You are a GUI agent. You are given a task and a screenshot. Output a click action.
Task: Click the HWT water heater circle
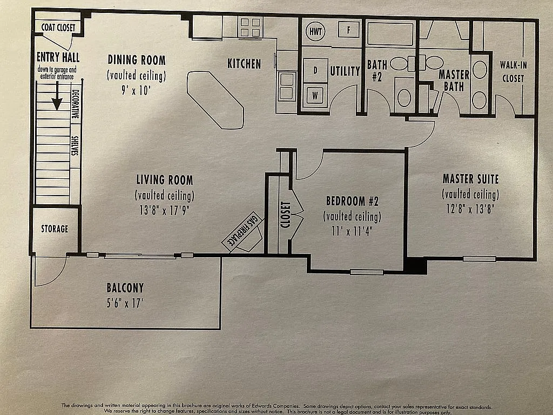click(315, 31)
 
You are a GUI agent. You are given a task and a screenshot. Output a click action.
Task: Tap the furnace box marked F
click(349, 30)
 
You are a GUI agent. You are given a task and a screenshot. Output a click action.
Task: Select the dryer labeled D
click(315, 71)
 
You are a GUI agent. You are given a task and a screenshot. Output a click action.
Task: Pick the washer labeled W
click(315, 96)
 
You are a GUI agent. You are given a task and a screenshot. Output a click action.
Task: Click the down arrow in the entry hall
click(57, 97)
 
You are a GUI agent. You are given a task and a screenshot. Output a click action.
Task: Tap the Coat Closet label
click(58, 28)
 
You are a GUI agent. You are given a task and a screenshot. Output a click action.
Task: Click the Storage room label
click(55, 229)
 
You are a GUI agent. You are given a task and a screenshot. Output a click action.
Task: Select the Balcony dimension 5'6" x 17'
click(125, 304)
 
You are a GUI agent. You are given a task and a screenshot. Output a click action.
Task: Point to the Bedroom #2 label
click(352, 202)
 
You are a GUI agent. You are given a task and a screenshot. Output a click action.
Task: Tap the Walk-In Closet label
click(512, 71)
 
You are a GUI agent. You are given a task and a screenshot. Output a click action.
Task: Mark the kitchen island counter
click(215, 99)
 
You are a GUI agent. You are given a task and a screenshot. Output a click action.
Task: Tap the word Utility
click(345, 71)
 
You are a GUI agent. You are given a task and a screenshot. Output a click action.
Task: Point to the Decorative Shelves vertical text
click(76, 122)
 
